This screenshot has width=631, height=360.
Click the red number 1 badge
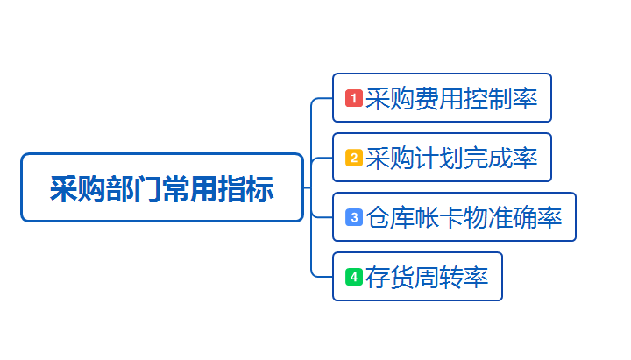click(354, 98)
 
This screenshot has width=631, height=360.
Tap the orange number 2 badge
click(354, 158)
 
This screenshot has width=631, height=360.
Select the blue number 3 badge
click(354, 217)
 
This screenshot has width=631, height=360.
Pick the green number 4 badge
click(354, 277)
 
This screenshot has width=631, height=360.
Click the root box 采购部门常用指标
click(162, 187)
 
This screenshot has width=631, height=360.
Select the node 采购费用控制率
click(442, 98)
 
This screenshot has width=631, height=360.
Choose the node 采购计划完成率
click(442, 158)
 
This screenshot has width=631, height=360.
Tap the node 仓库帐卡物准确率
click(454, 217)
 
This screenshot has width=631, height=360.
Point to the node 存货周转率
click(417, 276)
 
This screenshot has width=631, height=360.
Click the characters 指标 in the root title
click(246, 188)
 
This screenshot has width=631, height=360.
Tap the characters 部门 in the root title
click(134, 188)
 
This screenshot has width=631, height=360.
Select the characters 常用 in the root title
click(190, 188)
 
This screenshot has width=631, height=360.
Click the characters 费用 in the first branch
click(439, 99)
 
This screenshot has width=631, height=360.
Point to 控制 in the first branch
click(488, 99)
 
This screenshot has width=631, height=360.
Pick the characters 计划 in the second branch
click(439, 158)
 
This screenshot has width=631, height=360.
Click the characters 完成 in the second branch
click(488, 158)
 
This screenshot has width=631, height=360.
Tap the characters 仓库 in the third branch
click(390, 217)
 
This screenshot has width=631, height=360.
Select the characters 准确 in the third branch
click(513, 217)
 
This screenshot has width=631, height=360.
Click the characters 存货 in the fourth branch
click(390, 277)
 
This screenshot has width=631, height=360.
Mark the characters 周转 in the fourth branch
click(439, 277)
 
